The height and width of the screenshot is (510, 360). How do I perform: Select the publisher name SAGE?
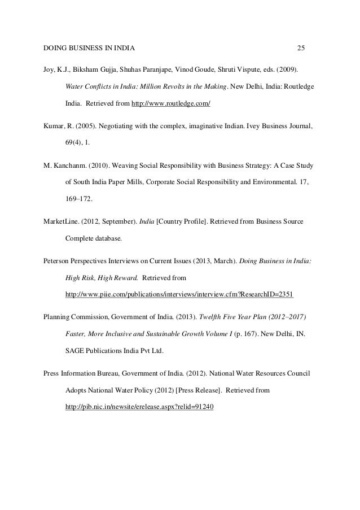pyautogui.click(x=76, y=351)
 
